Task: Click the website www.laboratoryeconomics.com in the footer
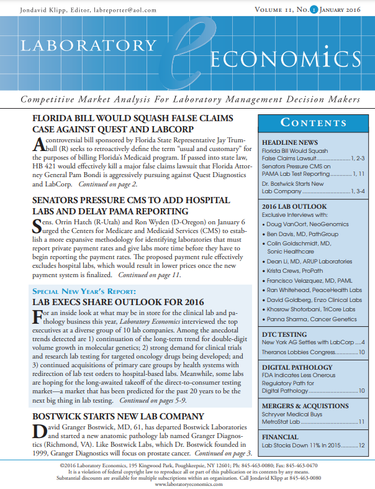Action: coord(187,484)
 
